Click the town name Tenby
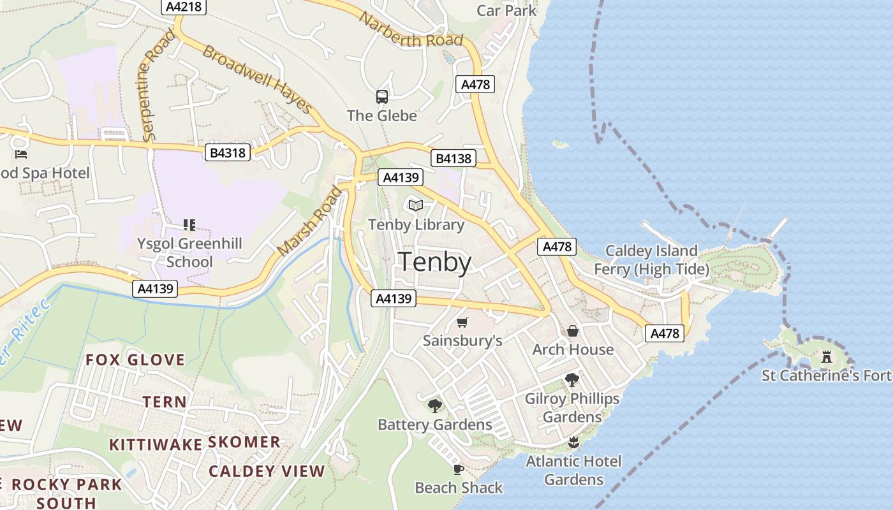click(435, 262)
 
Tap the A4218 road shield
click(184, 6)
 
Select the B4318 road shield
click(228, 152)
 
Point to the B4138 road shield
click(454, 158)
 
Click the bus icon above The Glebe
click(382, 97)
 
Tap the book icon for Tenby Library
click(416, 205)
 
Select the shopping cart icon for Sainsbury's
click(462, 323)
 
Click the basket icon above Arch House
click(573, 331)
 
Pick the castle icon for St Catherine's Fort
click(827, 356)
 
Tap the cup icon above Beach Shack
click(458, 469)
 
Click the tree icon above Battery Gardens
click(435, 405)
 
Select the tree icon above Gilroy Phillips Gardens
click(572, 380)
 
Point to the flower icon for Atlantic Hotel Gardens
click(573, 442)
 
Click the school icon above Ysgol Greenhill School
click(189, 224)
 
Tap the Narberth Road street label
click(411, 29)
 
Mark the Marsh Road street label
click(310, 221)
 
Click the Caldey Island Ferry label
click(651, 259)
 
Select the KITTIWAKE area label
click(156, 444)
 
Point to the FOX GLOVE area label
click(135, 360)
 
